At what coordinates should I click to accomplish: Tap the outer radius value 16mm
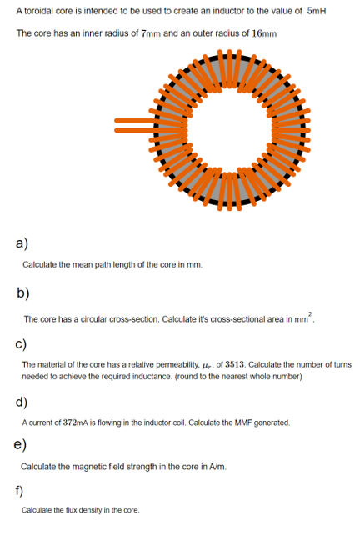coord(262,33)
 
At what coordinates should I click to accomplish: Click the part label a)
coord(22,243)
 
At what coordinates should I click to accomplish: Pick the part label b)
coord(23,293)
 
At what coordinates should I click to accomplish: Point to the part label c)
coord(22,344)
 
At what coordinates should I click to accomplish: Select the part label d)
coord(22,403)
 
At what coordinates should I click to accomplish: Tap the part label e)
coord(21,443)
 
